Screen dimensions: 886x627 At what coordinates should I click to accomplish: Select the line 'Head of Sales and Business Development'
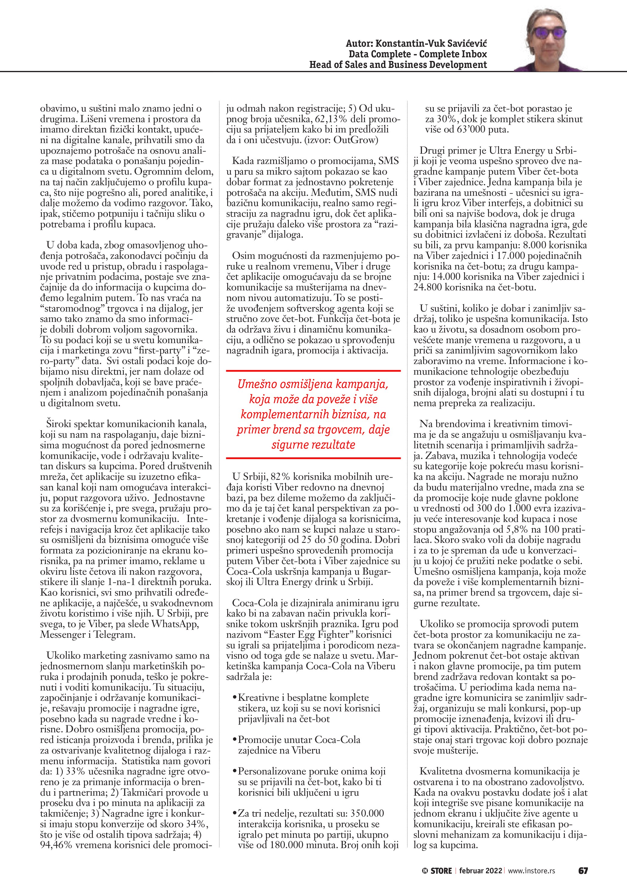point(398,65)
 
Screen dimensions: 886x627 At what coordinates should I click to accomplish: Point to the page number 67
point(583,871)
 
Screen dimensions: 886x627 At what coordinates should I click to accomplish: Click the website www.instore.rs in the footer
point(532,871)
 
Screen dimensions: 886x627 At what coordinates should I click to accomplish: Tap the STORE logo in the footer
point(437,871)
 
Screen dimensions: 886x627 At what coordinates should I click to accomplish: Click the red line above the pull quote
point(313,371)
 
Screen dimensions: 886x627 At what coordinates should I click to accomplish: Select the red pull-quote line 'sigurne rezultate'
point(313,445)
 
